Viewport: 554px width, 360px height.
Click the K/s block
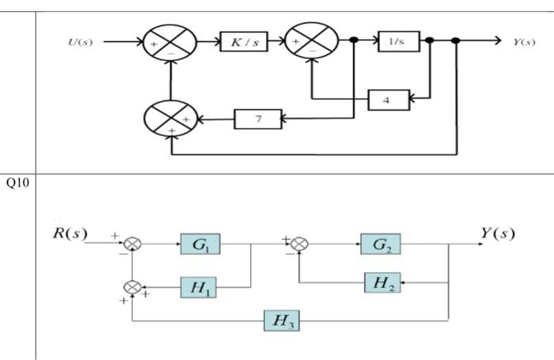click(243, 42)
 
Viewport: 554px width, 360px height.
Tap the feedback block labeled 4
click(388, 100)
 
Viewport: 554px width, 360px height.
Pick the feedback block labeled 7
click(258, 119)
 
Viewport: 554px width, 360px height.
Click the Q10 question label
click(17, 184)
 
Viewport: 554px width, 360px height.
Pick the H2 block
click(381, 282)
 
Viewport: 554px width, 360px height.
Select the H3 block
click(282, 320)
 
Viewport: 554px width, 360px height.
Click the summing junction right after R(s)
click(133, 244)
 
